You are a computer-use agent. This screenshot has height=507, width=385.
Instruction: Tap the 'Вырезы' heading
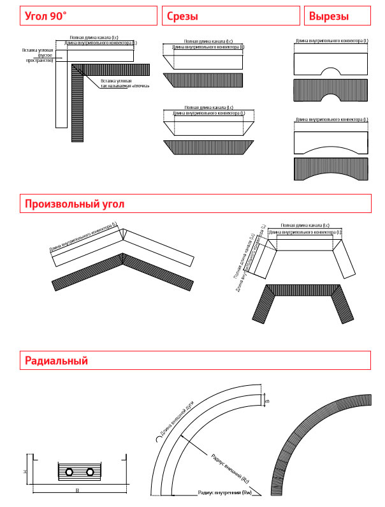point(328,17)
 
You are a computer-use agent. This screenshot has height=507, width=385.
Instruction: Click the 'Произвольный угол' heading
point(75,204)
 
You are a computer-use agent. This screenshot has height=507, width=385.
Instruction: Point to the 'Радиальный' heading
point(56,361)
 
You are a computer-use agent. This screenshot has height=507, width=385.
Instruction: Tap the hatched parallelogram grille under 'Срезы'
point(203,80)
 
